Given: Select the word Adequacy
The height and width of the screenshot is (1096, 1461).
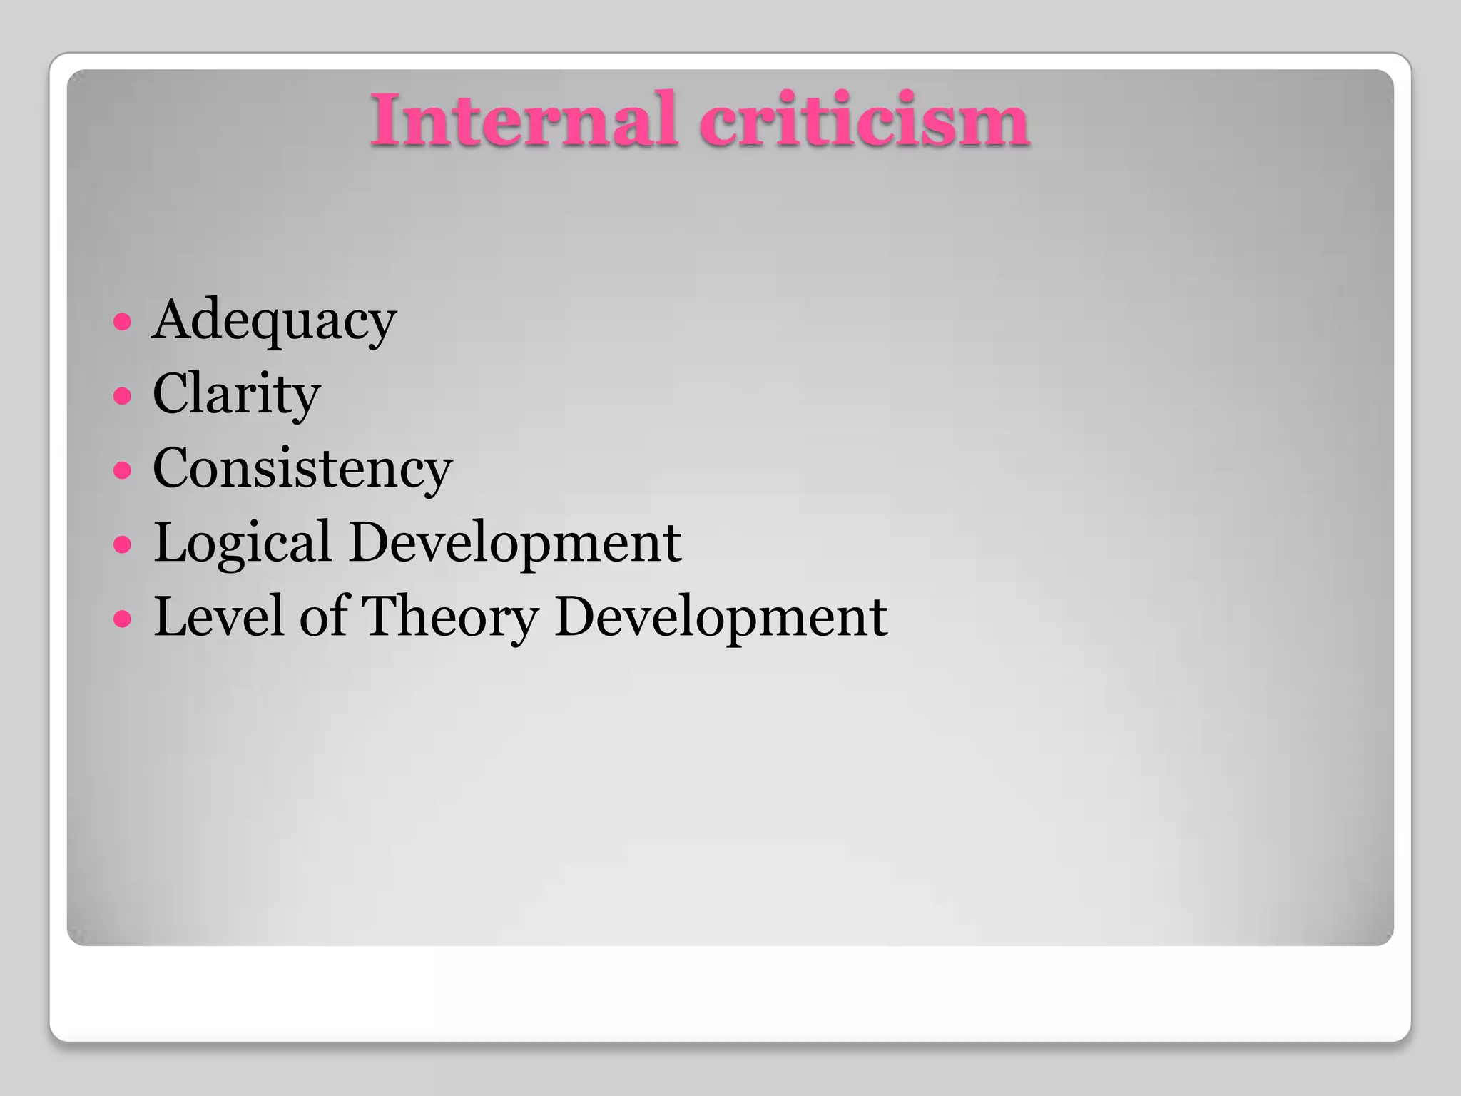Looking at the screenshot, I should point(274,321).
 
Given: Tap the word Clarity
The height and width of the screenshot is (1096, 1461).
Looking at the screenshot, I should point(236,395).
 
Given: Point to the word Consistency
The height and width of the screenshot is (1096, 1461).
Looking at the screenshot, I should point(302,469).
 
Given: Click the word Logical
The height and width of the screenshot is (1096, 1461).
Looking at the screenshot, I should point(243,543).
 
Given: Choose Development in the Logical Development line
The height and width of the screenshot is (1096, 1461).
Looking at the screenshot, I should point(515,542).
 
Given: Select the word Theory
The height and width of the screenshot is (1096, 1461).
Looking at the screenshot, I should point(450,618).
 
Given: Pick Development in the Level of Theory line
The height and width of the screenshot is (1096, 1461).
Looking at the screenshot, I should point(721,618).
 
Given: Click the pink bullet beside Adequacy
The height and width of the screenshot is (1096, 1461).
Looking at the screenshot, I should point(123,322).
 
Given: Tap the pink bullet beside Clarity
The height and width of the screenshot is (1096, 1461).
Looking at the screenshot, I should point(123,395).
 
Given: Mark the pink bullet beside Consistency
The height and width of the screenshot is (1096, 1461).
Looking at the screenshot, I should point(123,470).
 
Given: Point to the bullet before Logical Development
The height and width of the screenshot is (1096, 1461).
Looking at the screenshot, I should point(123,544).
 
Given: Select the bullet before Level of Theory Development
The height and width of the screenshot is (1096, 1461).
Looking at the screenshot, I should point(123,618).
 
